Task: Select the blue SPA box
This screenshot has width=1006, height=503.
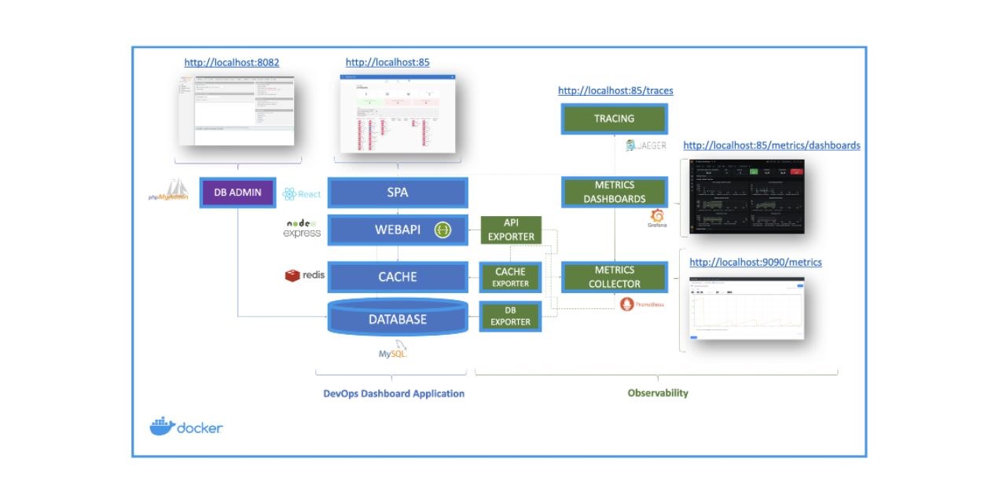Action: tap(397, 193)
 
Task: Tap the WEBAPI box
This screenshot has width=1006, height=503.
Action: tap(397, 230)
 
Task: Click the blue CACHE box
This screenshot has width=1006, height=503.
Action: tap(397, 277)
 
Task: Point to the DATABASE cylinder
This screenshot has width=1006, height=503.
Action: tap(397, 318)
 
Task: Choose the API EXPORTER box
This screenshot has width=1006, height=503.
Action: tap(511, 229)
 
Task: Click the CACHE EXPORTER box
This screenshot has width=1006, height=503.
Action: tap(510, 277)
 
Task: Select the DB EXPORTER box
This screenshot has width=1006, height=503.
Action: tap(510, 316)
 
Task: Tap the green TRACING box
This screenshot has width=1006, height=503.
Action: tap(614, 119)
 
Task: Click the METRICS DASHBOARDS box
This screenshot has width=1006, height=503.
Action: tap(614, 193)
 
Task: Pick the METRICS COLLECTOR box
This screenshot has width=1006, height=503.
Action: tap(614, 277)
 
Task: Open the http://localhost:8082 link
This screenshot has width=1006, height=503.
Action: tap(232, 62)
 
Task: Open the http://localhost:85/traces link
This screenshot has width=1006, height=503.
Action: tap(615, 90)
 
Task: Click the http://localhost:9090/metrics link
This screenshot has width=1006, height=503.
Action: tap(755, 262)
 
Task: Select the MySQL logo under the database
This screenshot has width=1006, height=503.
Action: tap(393, 351)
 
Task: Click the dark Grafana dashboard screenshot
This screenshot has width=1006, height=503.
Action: tap(747, 196)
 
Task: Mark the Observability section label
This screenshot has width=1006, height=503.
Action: tap(658, 393)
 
